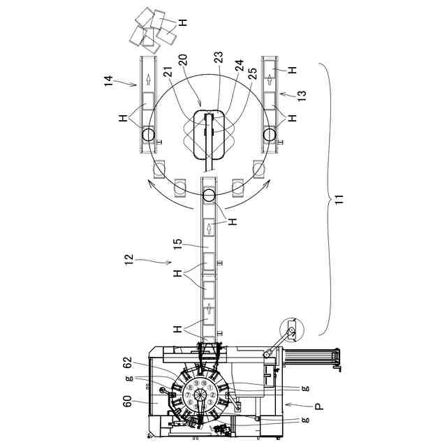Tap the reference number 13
tap(302, 96)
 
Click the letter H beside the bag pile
tap(182, 22)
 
